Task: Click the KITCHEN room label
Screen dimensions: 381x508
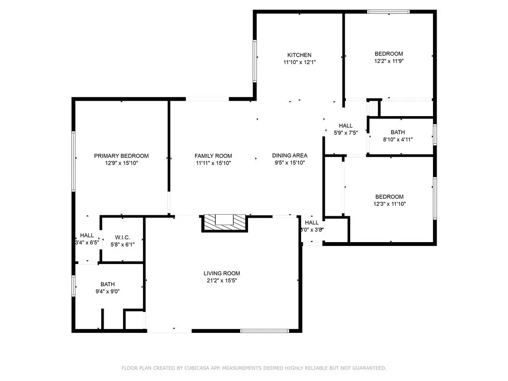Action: tap(299, 55)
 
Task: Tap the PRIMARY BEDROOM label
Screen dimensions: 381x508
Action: tap(121, 156)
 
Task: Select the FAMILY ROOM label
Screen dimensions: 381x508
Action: tap(213, 156)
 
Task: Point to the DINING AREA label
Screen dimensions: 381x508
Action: tap(290, 156)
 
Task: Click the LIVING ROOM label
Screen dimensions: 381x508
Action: tap(222, 273)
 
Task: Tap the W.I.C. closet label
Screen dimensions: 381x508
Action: tap(122, 238)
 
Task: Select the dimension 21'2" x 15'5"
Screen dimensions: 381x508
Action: tap(222, 281)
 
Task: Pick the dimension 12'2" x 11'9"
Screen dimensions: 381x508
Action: tap(388, 61)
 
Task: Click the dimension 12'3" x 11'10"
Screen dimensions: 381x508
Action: tap(389, 204)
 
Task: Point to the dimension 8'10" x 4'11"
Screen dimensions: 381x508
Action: tap(397, 139)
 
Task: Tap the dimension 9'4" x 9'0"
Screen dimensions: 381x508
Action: tap(108, 292)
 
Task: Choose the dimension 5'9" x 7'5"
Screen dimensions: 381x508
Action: tap(346, 133)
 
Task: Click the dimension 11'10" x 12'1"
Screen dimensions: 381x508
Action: tap(299, 63)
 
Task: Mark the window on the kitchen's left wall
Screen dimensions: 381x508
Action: tap(255, 61)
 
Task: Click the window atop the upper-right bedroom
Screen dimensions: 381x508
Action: tap(388, 11)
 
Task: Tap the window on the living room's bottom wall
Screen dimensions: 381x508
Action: tap(264, 330)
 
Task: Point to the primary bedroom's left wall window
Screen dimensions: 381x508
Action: tap(73, 161)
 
